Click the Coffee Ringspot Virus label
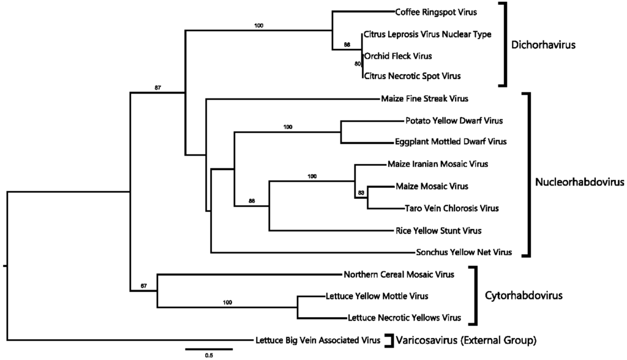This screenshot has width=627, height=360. tap(435, 12)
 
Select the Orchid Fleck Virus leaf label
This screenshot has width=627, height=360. tap(397, 56)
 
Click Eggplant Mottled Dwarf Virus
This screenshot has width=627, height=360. tap(451, 142)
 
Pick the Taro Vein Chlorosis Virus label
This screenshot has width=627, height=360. tap(451, 209)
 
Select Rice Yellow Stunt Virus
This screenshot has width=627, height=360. tap(438, 231)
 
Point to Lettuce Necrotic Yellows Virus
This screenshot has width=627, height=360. tap(404, 318)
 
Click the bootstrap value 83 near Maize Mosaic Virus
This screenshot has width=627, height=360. tap(361, 193)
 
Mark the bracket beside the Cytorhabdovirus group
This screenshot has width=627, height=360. tap(473, 296)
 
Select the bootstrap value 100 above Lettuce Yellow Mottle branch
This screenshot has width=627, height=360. tap(228, 302)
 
